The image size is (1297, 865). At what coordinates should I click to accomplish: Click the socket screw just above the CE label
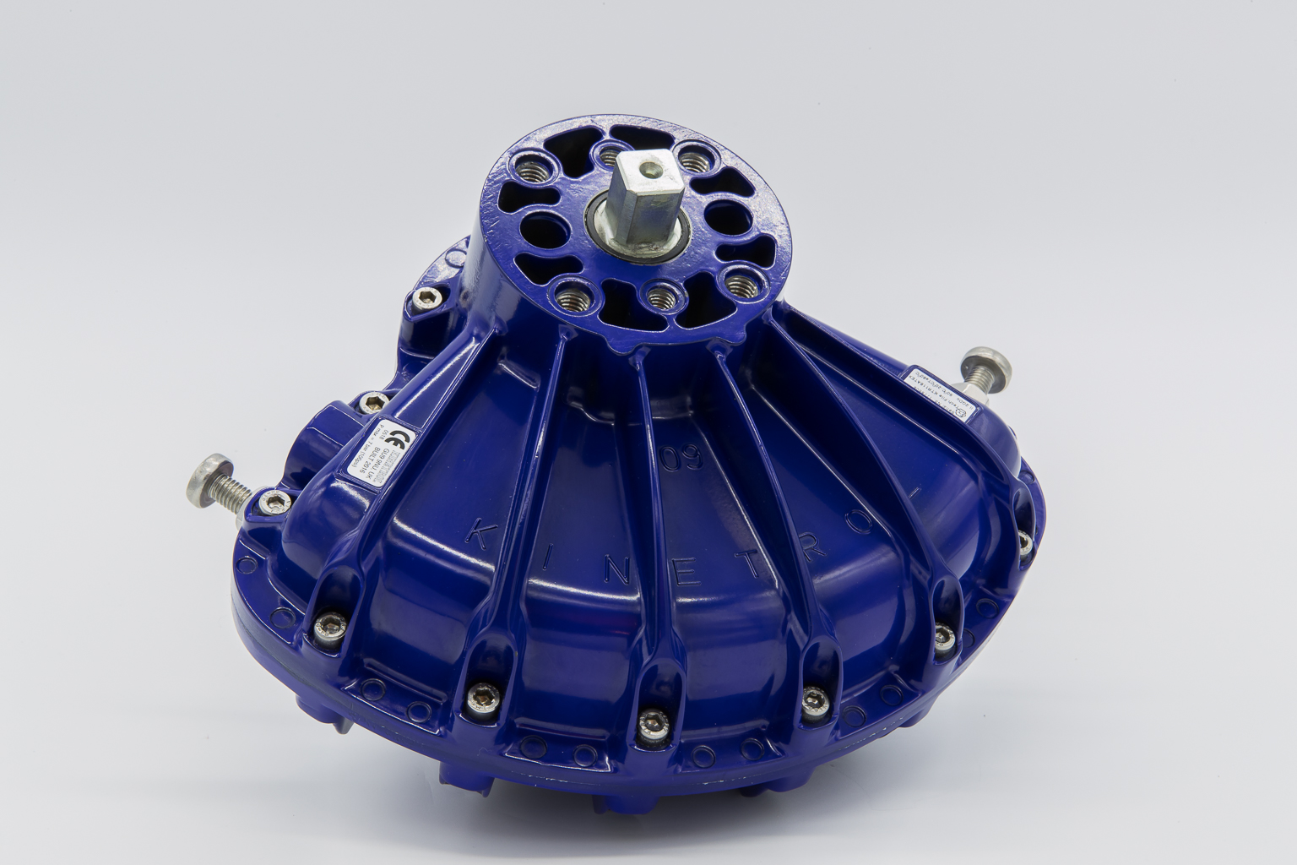(369, 404)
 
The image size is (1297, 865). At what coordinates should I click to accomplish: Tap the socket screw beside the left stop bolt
(273, 503)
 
